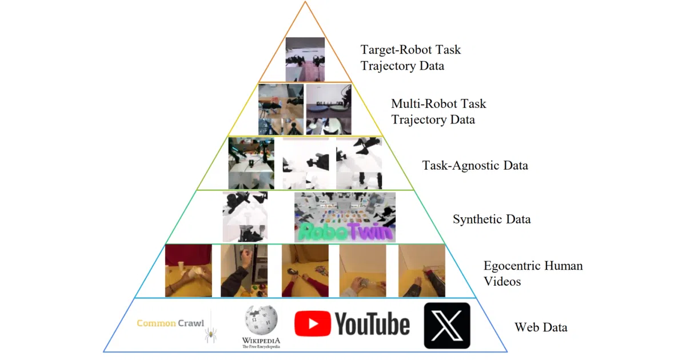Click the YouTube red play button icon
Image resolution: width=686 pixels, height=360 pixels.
coord(312,323)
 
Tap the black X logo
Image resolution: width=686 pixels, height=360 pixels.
coord(447,326)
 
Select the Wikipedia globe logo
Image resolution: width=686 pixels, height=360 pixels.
coord(261,320)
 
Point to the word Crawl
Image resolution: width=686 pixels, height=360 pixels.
coord(191,323)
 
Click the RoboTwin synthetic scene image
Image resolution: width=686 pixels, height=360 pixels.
coord(345,217)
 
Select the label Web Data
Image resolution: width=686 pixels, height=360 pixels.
coord(541,327)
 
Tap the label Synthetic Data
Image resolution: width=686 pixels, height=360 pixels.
coord(492,219)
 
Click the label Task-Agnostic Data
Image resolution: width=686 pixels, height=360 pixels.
coord(475,165)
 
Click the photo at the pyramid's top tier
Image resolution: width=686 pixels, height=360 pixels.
coord(305,59)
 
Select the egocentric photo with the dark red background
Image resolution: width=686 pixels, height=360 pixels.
coord(188,271)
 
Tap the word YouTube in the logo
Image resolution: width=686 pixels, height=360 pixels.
coord(372,324)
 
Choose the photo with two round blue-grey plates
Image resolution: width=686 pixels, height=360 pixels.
coord(329,109)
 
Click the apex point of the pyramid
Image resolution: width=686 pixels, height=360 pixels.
coord(305,2)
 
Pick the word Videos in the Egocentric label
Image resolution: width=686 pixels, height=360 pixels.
coord(502,281)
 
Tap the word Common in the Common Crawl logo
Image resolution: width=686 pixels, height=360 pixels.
coord(156,323)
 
